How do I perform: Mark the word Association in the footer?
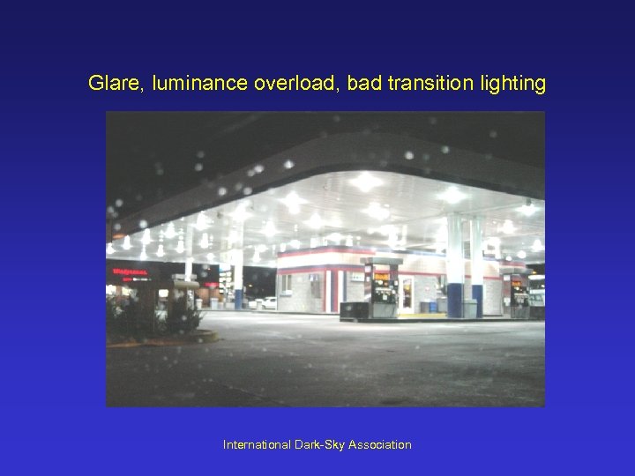pos(380,445)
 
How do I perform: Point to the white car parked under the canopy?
pos(266,303)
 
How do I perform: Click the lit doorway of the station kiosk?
pos(407,294)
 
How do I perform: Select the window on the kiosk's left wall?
pos(286,284)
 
